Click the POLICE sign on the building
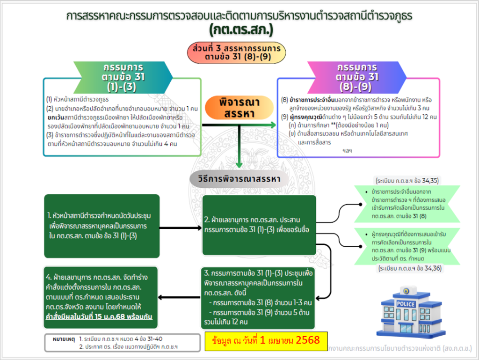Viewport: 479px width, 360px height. click(x=405, y=304)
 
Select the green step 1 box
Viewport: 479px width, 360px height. click(x=102, y=226)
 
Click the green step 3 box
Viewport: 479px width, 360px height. click(x=260, y=297)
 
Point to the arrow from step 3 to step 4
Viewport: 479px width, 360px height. click(x=181, y=297)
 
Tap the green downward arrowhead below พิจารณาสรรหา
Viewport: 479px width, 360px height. click(x=239, y=164)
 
